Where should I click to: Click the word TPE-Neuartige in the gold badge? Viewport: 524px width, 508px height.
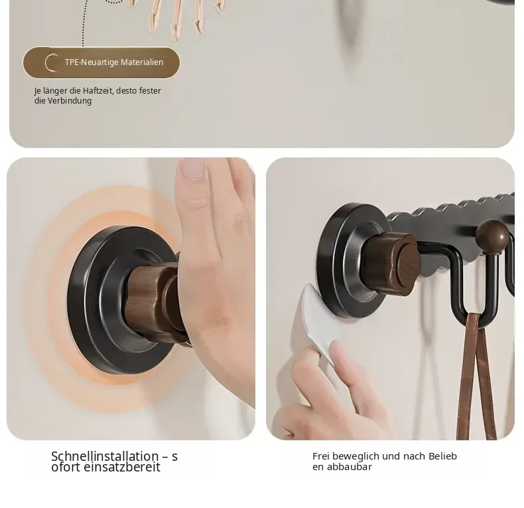coord(92,62)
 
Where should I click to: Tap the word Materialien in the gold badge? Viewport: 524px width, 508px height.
coord(142,62)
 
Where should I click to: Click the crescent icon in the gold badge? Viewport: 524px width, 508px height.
coord(51,62)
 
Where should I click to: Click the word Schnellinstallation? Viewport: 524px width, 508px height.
coord(105,456)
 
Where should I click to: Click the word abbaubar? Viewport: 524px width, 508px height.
coord(349,467)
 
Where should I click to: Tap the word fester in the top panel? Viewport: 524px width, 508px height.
coord(150,91)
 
